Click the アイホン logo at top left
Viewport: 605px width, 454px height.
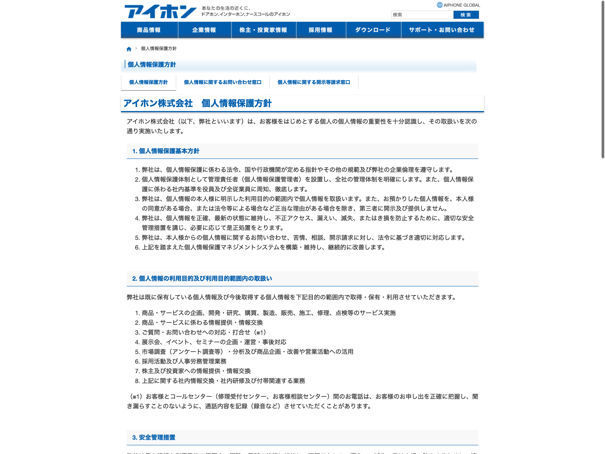coord(161,12)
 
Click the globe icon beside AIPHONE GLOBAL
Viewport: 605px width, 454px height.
coord(439,5)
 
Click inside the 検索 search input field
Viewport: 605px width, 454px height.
coord(422,15)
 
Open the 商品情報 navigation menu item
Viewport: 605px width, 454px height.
coord(149,30)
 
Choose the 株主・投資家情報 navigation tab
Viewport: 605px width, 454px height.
coord(263,30)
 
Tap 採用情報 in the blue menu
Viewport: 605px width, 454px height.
coord(320,30)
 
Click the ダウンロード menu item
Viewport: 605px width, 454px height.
coord(373,30)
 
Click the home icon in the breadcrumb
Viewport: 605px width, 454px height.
coord(129,49)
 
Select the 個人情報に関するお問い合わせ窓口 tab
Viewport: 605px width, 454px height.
coord(223,82)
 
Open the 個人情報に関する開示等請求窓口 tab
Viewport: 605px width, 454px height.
coord(314,82)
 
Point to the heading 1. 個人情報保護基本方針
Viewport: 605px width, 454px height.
coord(166,151)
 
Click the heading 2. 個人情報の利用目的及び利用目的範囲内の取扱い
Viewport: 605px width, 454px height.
coord(202,279)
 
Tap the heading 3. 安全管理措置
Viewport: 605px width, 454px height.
coord(154,437)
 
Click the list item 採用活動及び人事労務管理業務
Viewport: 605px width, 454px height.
coord(184,361)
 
